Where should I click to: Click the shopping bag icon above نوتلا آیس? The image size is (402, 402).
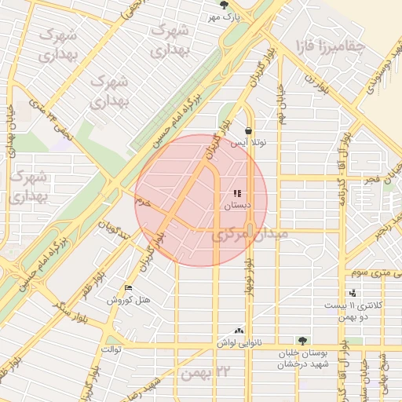coord(248,131)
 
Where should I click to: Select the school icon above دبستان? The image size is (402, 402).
coord(236,193)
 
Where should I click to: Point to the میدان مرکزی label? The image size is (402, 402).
coord(250,234)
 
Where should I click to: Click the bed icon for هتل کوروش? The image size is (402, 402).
coord(129,288)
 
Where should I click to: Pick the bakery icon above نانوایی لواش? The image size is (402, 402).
coord(239,331)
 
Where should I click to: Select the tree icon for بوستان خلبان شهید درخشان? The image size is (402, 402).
coord(302,341)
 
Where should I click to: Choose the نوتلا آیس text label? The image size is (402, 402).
coord(249,144)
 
